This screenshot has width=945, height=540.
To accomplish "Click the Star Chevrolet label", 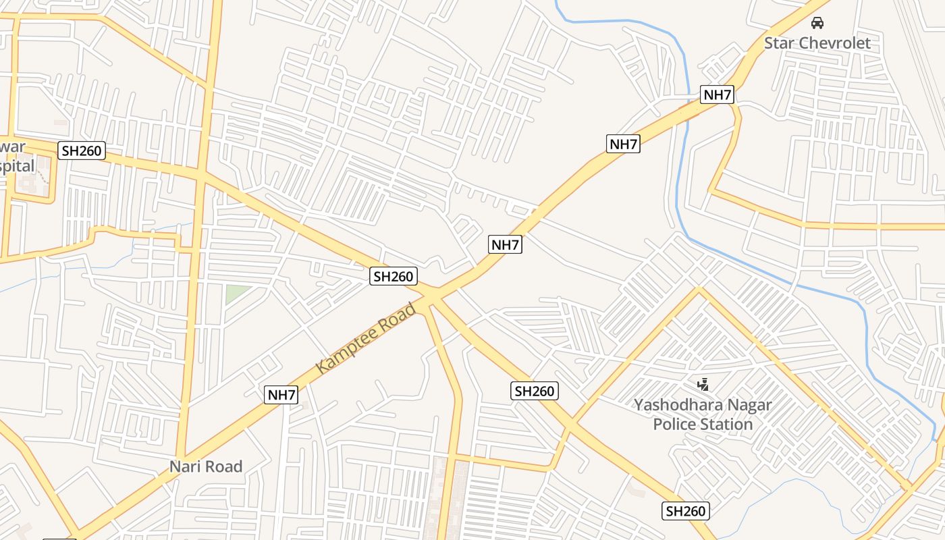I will coord(817,43).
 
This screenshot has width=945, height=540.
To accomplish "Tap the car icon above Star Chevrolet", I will coord(817,23).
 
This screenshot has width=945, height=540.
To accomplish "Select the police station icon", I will coord(703,385).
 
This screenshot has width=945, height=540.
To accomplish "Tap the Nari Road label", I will coord(206,466).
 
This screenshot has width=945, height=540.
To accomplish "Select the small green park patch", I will coord(236,294).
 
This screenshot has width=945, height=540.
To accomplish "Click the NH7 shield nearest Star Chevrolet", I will coord(717,94).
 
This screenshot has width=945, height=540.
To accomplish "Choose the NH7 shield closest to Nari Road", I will coord(281,395).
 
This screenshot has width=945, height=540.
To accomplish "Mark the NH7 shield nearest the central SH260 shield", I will coord(505,244).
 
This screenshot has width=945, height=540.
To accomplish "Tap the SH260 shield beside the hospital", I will coord(82,151).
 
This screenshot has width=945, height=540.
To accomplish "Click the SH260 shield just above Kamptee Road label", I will coord(394,276).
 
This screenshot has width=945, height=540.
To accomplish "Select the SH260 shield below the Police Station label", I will coord(685,511).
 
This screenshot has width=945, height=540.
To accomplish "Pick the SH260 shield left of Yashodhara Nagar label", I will coord(534,391).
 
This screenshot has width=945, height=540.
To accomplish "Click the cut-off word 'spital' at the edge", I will coord(16,166).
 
